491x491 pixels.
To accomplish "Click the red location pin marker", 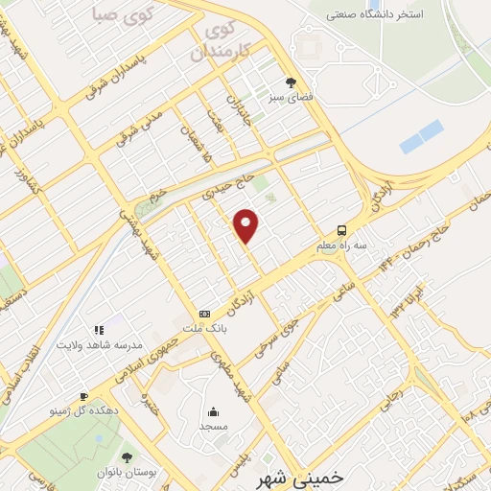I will [x=246, y=224].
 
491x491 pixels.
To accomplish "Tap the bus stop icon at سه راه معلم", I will [x=342, y=231].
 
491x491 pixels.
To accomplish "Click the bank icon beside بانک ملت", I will [x=204, y=314].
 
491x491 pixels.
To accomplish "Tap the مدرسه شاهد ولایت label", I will [x=99, y=344].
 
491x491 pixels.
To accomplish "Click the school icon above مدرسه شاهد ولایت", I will [x=99, y=330].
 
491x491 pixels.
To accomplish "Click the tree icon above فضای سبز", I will [x=291, y=82].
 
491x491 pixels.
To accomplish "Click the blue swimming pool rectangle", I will [x=422, y=137].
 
